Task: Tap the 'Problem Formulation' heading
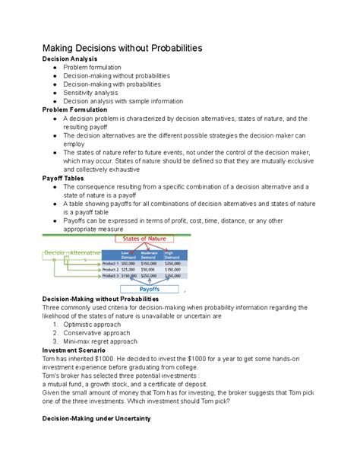click(x=78, y=109)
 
